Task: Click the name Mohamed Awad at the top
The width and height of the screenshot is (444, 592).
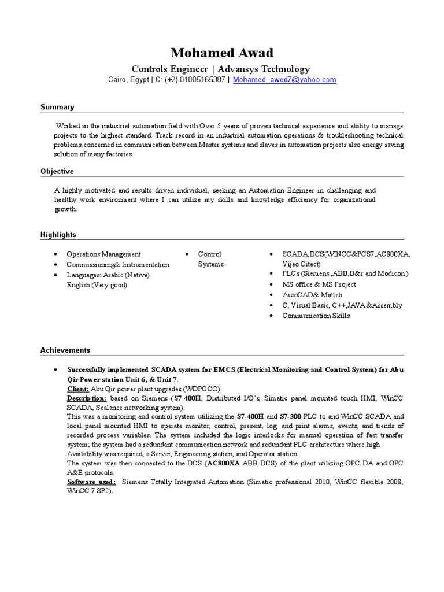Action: [221, 53]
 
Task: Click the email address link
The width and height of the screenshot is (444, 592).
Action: [284, 80]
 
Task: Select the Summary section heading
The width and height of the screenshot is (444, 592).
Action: [57, 107]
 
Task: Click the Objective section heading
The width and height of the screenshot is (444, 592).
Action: [57, 171]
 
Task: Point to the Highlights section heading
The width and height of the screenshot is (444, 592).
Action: [58, 235]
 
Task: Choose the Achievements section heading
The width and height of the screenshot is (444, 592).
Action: [65, 350]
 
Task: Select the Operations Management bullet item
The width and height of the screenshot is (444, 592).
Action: [103, 254]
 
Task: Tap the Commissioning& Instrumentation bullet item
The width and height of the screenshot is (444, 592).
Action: [118, 264]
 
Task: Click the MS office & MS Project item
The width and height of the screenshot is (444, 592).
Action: [319, 284]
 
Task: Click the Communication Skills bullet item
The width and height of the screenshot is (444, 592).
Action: [316, 316]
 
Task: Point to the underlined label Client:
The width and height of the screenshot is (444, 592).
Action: [78, 389]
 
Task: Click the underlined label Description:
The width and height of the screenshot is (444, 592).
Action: [87, 399]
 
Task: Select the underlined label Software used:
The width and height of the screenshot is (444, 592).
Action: [91, 482]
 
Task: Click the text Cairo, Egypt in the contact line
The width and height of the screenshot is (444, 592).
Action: [127, 80]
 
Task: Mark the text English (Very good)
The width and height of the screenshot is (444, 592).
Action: [97, 284]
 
